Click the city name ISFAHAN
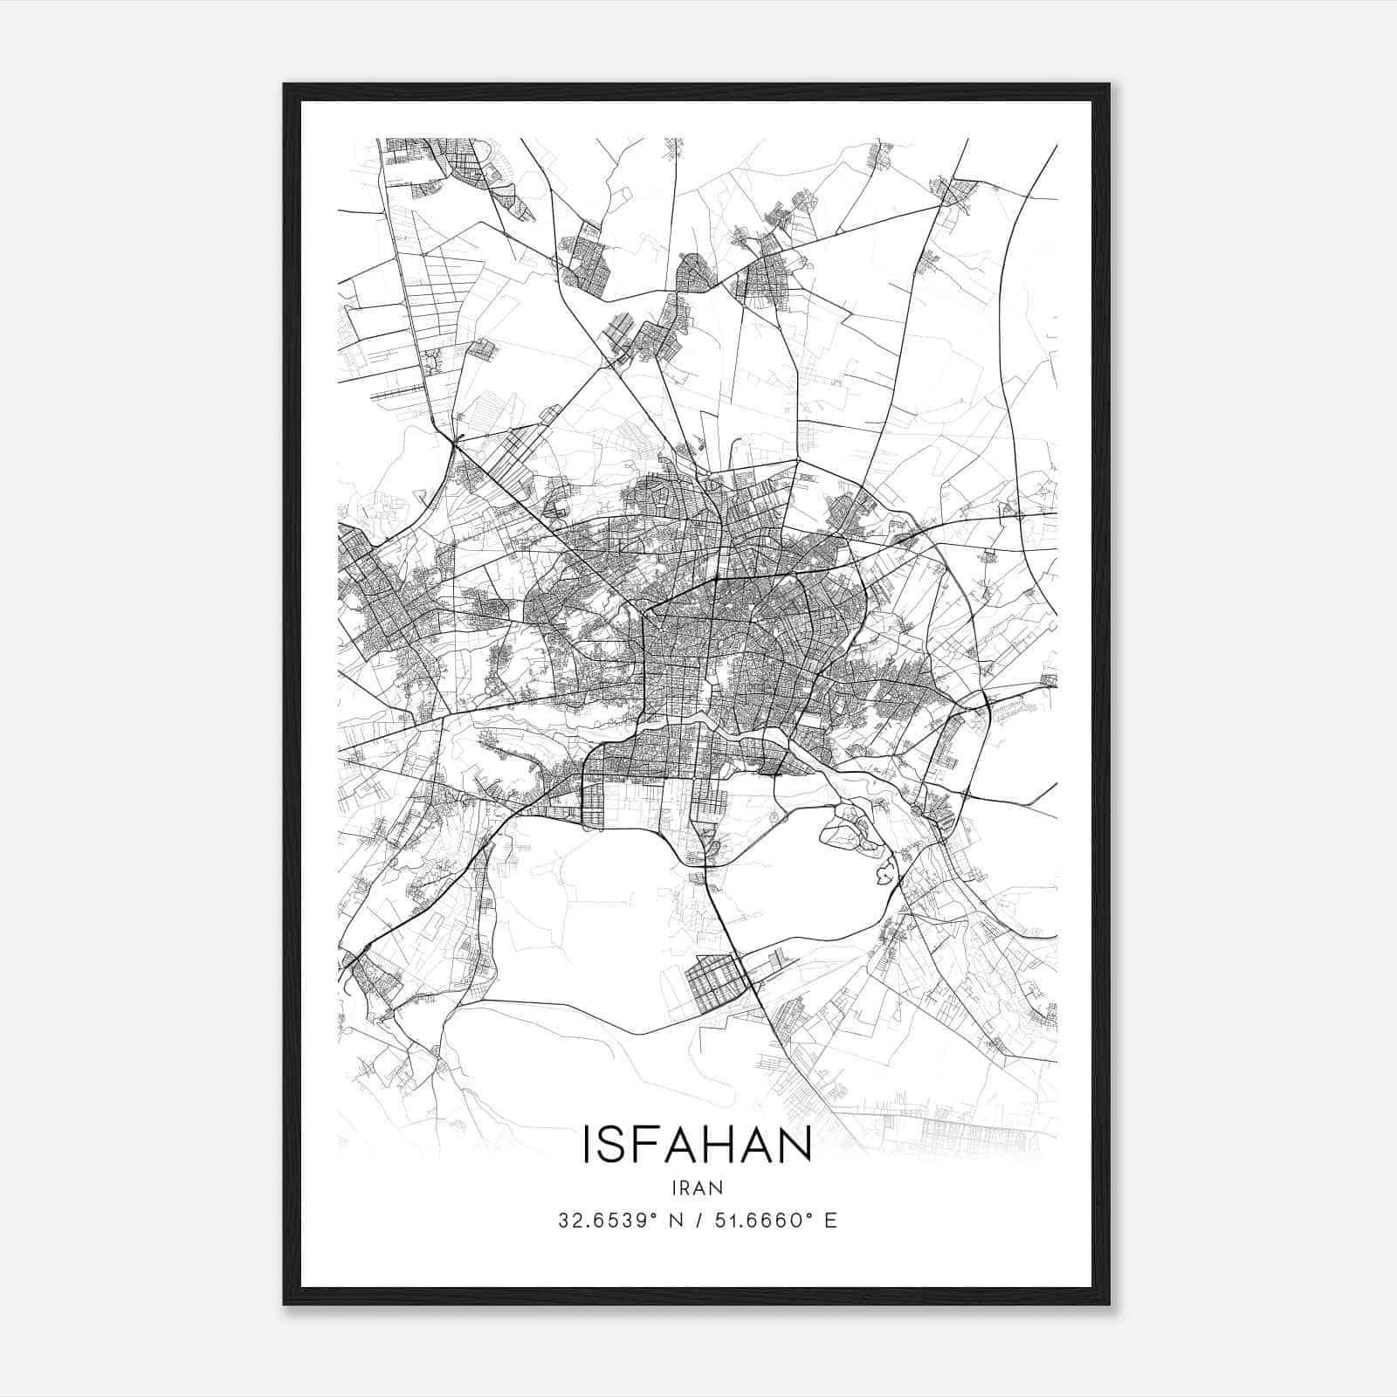click(x=697, y=1145)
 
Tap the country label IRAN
click(x=698, y=1187)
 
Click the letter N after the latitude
click(x=674, y=1221)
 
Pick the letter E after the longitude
click(x=830, y=1221)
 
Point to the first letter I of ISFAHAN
click(x=587, y=1145)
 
